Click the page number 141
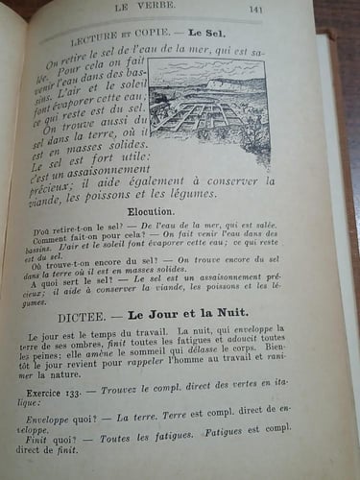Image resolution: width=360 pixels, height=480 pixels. tap(256, 12)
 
